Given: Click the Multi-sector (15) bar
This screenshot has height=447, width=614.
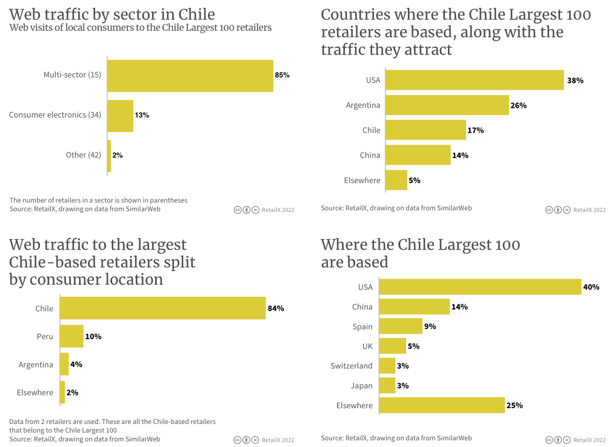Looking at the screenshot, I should coord(190,76).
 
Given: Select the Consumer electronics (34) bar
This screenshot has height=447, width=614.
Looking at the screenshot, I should coord(121,116).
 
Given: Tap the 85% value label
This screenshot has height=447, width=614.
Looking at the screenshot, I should coord(282,75).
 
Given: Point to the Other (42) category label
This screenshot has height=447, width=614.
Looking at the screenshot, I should coord(84,155).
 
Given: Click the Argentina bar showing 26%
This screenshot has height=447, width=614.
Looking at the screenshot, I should coord(447,105).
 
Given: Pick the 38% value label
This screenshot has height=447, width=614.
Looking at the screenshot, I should coord(575,80).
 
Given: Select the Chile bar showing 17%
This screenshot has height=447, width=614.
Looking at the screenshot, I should coord(425,130).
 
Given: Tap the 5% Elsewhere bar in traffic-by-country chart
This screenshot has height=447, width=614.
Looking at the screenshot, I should coord(396,180).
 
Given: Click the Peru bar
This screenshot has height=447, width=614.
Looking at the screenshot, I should coord(72,336).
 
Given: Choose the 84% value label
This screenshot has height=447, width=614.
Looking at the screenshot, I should coord(276,308).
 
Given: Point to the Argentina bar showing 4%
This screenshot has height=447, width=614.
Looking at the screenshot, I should coord(64,365).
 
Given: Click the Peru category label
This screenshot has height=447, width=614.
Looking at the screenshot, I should coord(44,337).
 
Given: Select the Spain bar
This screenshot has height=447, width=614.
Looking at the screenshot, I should coord(401,326).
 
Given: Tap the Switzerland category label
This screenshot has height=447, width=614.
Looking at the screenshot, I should coord(352,366).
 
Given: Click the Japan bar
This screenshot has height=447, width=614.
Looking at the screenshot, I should coord(387,385).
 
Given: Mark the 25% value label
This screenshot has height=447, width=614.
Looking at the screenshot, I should coord(515,405).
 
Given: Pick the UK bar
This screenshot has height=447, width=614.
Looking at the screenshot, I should coord(392,346).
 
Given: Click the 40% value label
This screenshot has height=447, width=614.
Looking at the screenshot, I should coord(591,287).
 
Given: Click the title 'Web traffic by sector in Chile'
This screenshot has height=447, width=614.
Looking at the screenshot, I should coord(112,14).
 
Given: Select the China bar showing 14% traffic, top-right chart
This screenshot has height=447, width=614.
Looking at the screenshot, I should coord(418,155).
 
